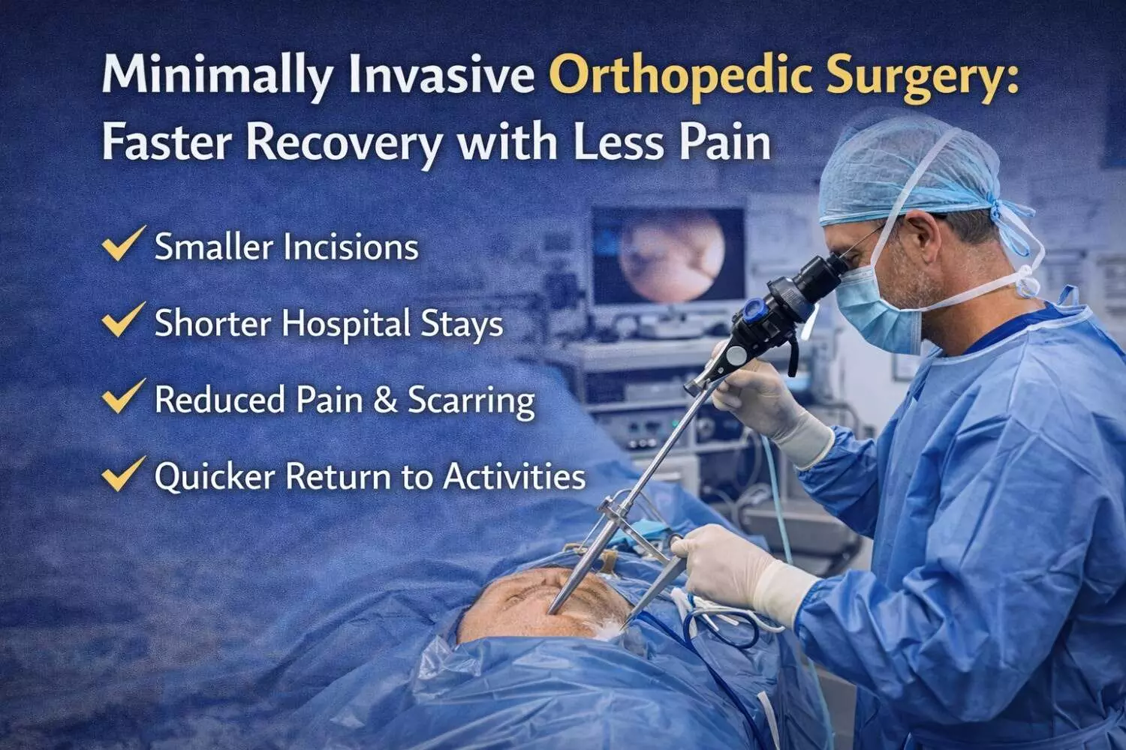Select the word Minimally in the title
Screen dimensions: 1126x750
[217, 75]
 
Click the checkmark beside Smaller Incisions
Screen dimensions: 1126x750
[123, 243]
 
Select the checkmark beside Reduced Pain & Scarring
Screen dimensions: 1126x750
[123, 396]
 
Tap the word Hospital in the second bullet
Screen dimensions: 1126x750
[346, 325]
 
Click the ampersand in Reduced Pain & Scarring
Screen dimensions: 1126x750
[385, 400]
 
